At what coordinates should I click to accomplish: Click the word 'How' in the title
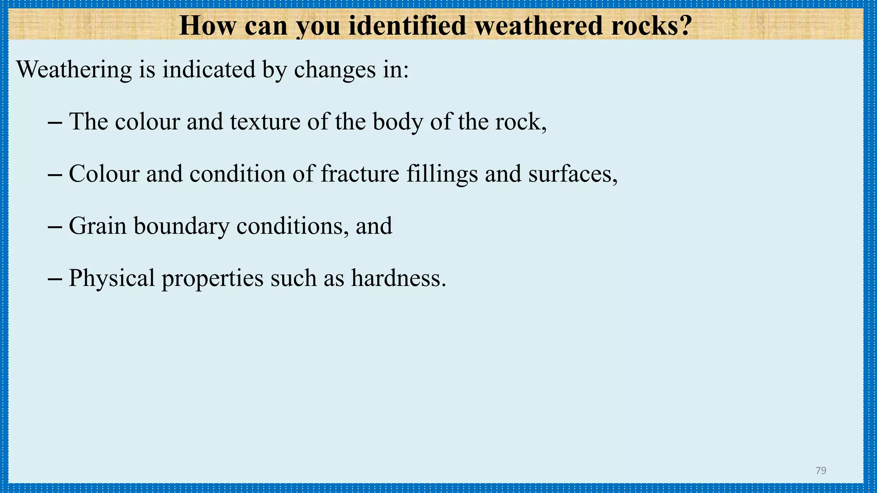pos(207,26)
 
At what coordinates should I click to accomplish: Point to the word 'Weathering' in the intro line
pos(74,69)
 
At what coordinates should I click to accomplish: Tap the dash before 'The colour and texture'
pos(55,122)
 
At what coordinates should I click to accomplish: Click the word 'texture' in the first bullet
pos(265,122)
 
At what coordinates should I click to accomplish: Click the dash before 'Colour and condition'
pos(55,175)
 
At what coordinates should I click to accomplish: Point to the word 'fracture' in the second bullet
pos(360,174)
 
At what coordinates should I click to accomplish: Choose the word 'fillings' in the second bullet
pos(442,175)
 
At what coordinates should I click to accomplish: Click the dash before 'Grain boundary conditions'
pos(55,227)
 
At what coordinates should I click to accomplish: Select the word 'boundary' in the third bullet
pos(182,226)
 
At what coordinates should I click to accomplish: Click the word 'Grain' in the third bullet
pos(98,226)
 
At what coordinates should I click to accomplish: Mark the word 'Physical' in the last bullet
pos(112,278)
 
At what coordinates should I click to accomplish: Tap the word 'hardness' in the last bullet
pos(397,278)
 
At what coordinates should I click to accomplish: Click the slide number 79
pos(821,471)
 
